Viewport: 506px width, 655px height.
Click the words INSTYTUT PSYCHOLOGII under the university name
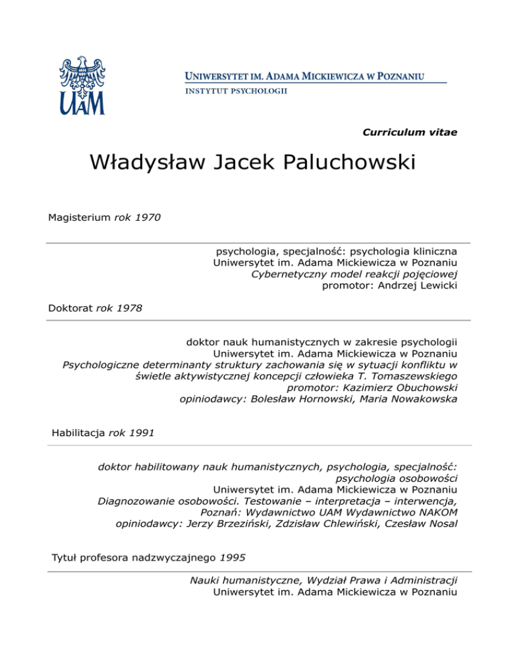tap(235, 91)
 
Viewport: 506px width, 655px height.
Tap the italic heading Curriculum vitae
tap(410, 132)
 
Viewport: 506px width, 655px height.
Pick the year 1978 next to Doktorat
tap(128, 308)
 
